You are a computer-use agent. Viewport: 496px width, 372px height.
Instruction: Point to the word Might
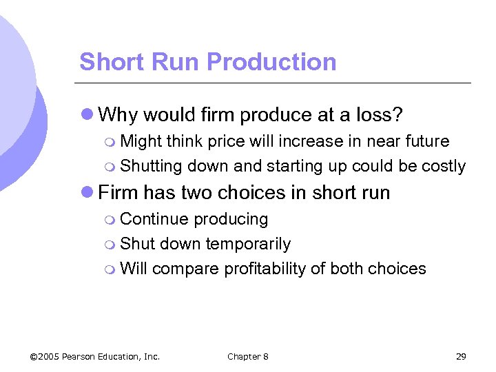[x=140, y=141]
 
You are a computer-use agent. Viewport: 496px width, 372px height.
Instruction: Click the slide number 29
[x=461, y=356]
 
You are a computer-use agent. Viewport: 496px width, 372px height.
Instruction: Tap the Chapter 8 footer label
[x=248, y=356]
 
